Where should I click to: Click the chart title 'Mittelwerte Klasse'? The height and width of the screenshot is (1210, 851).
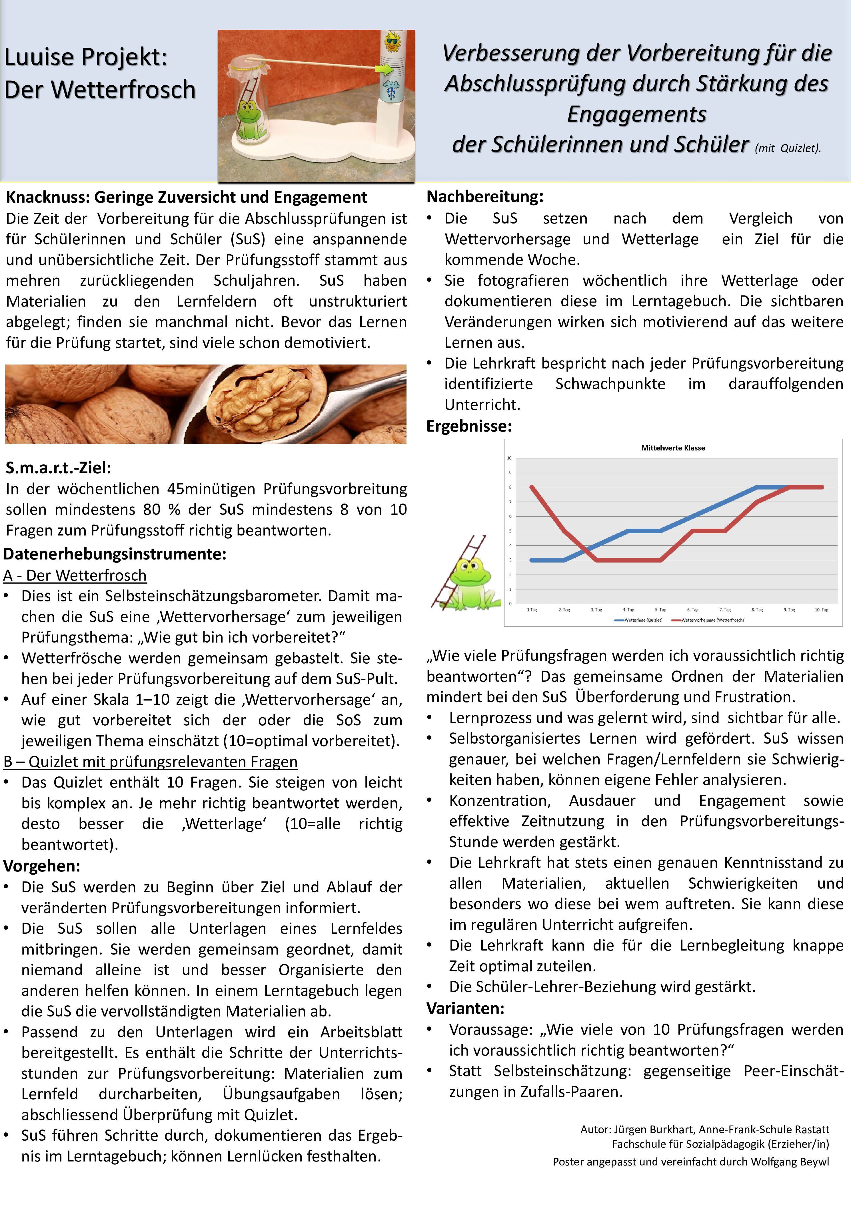click(x=673, y=448)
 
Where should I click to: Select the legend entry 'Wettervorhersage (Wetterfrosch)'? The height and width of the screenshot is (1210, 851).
click(x=712, y=620)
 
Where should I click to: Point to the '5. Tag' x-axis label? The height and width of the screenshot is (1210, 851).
click(x=661, y=610)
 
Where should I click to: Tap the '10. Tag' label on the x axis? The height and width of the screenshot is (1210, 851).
click(x=822, y=610)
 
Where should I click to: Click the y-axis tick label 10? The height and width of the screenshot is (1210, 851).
click(x=509, y=458)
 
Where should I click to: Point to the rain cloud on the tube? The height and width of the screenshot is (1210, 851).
click(x=392, y=88)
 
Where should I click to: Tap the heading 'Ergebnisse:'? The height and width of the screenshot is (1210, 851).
click(x=469, y=426)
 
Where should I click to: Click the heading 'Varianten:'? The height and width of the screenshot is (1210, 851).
click(x=465, y=1008)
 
